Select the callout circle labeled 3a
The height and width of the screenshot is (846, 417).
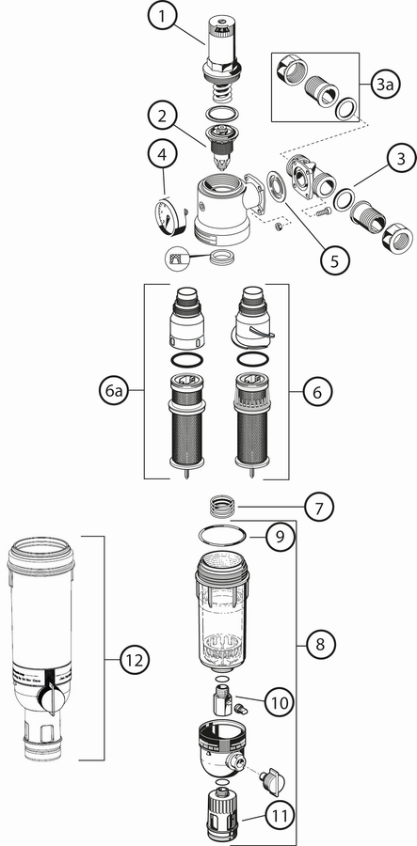tap(384, 86)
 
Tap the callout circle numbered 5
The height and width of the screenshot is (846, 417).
tap(334, 261)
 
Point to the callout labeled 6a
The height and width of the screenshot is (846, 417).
tap(114, 392)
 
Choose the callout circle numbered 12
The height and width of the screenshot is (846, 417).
tap(134, 659)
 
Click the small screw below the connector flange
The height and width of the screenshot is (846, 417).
tap(323, 213)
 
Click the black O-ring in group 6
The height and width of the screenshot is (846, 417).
tap(252, 360)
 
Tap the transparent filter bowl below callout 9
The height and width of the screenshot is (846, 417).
tap(222, 612)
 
